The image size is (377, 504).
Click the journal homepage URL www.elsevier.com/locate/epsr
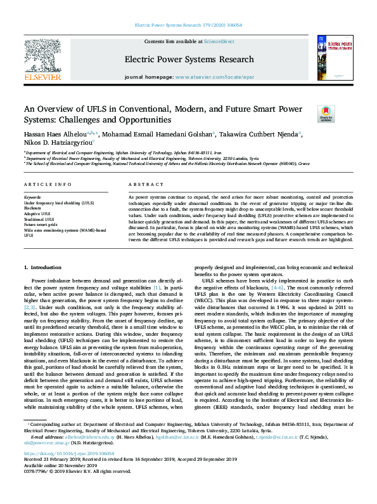tap(206, 76)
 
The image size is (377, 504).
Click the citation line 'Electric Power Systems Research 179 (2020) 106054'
tap(188, 25)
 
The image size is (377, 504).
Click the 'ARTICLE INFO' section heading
tap(47, 184)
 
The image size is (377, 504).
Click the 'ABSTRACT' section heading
tap(146, 184)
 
